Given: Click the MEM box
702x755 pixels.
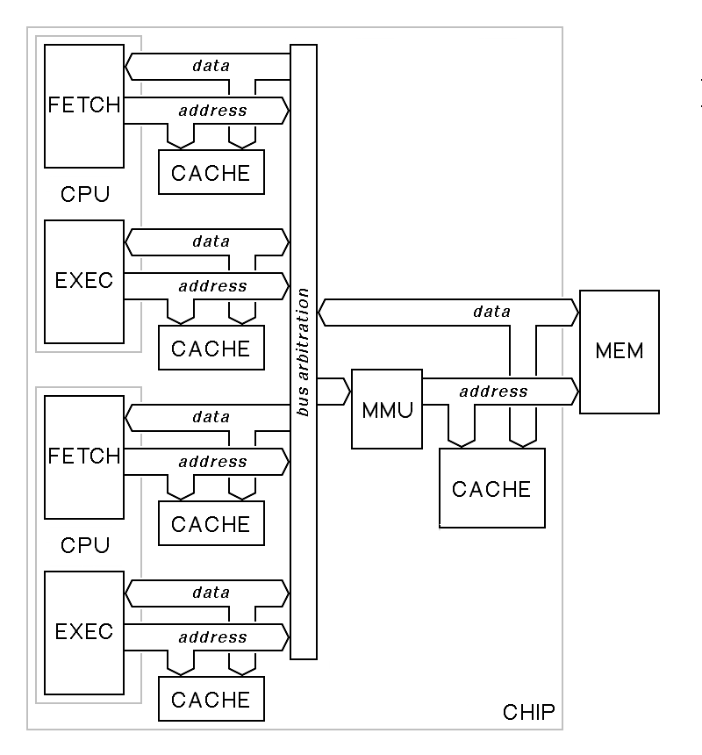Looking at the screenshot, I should click(619, 351).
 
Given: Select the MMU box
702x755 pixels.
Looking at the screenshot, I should click(386, 410).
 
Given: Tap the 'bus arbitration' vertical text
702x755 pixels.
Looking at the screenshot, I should click(304, 351).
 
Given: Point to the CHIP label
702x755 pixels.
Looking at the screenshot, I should click(528, 712).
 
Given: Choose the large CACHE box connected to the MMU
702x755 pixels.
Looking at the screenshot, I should click(491, 488).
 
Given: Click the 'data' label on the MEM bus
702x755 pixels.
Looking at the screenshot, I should click(491, 311).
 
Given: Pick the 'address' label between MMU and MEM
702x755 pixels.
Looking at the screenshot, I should click(493, 391).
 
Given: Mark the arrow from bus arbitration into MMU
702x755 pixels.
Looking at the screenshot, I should click(333, 392).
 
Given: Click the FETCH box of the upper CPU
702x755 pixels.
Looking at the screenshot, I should click(84, 105).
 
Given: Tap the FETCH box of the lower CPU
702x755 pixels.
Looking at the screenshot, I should click(84, 457).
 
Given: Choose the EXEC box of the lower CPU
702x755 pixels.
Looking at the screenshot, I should click(84, 632).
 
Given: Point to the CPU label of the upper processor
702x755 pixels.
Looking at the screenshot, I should click(85, 194).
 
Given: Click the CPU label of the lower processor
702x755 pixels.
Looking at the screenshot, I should click(85, 545).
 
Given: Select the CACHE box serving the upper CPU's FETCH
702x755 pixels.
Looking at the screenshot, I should click(211, 172).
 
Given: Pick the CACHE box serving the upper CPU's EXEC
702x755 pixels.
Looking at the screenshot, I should click(211, 348).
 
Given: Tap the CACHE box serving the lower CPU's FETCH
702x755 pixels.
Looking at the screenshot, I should click(211, 523).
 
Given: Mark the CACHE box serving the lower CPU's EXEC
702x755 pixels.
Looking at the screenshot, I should click(211, 699).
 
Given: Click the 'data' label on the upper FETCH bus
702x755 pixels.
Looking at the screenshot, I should click(211, 66).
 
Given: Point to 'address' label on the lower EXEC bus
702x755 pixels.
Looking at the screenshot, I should click(212, 637).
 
